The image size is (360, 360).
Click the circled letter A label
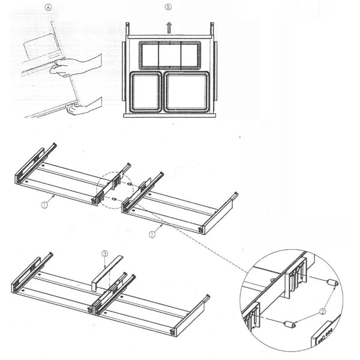[48, 8]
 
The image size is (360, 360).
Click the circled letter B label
[168, 7]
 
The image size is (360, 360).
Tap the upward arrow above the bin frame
[169, 28]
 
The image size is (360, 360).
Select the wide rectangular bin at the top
[170, 55]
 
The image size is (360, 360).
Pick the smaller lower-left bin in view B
[146, 92]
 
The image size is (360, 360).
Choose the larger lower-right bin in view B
[187, 92]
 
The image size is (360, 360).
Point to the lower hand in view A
[85, 106]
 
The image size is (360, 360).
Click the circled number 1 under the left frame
[44, 205]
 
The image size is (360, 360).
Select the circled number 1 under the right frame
[152, 235]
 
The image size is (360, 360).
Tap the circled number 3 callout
[104, 254]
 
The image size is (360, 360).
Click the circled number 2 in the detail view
[323, 311]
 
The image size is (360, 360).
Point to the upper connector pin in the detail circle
[331, 283]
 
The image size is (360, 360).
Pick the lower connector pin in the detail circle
[290, 325]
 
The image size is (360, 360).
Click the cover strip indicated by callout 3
[107, 273]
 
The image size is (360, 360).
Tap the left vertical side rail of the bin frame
[124, 71]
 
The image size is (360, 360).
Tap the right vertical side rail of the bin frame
[216, 71]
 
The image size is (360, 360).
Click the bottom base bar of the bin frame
[170, 115]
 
